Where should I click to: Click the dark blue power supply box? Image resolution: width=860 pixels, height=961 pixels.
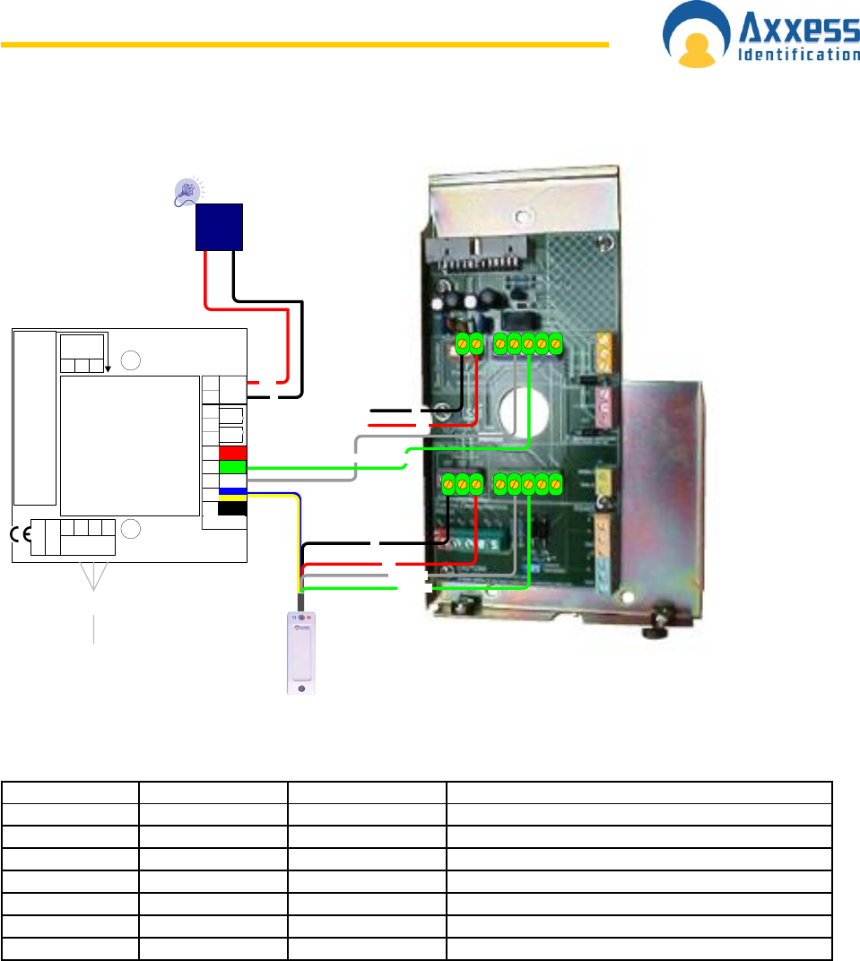(220, 227)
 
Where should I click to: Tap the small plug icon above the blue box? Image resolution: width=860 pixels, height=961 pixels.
(187, 191)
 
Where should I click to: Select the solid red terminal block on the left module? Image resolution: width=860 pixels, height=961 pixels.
(232, 453)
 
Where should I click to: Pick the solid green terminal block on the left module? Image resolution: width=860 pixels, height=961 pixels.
(232, 467)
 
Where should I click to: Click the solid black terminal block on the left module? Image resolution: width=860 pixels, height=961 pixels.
(232, 509)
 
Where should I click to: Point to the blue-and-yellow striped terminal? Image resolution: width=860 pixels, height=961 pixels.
(232, 494)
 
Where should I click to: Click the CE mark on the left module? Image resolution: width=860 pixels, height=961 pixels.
(21, 534)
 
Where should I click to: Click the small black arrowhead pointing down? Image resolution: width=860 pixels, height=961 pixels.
(107, 367)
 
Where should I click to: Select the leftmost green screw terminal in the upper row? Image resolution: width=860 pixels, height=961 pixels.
(462, 342)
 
